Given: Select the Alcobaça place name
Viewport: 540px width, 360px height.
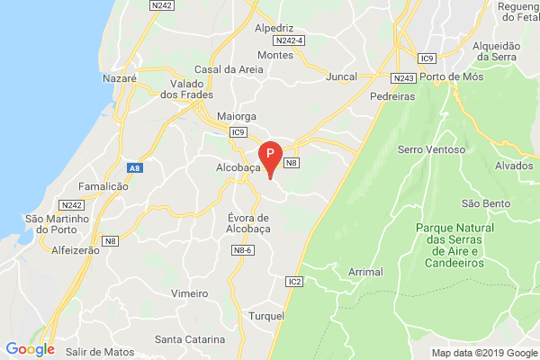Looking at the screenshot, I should point(238,167).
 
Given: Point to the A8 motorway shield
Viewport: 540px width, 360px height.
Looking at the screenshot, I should point(134,166).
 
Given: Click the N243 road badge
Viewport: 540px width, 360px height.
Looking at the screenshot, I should point(405,78).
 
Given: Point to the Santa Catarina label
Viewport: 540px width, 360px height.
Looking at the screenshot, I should point(190,339).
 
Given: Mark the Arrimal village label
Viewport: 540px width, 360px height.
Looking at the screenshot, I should point(364,271).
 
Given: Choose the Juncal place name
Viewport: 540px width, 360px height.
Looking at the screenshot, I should point(342,76).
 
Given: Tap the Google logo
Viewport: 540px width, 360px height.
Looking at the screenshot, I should point(30,349).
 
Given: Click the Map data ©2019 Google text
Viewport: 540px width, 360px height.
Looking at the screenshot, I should point(481,352).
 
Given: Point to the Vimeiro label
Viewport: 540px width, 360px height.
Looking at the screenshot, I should point(189,293).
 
